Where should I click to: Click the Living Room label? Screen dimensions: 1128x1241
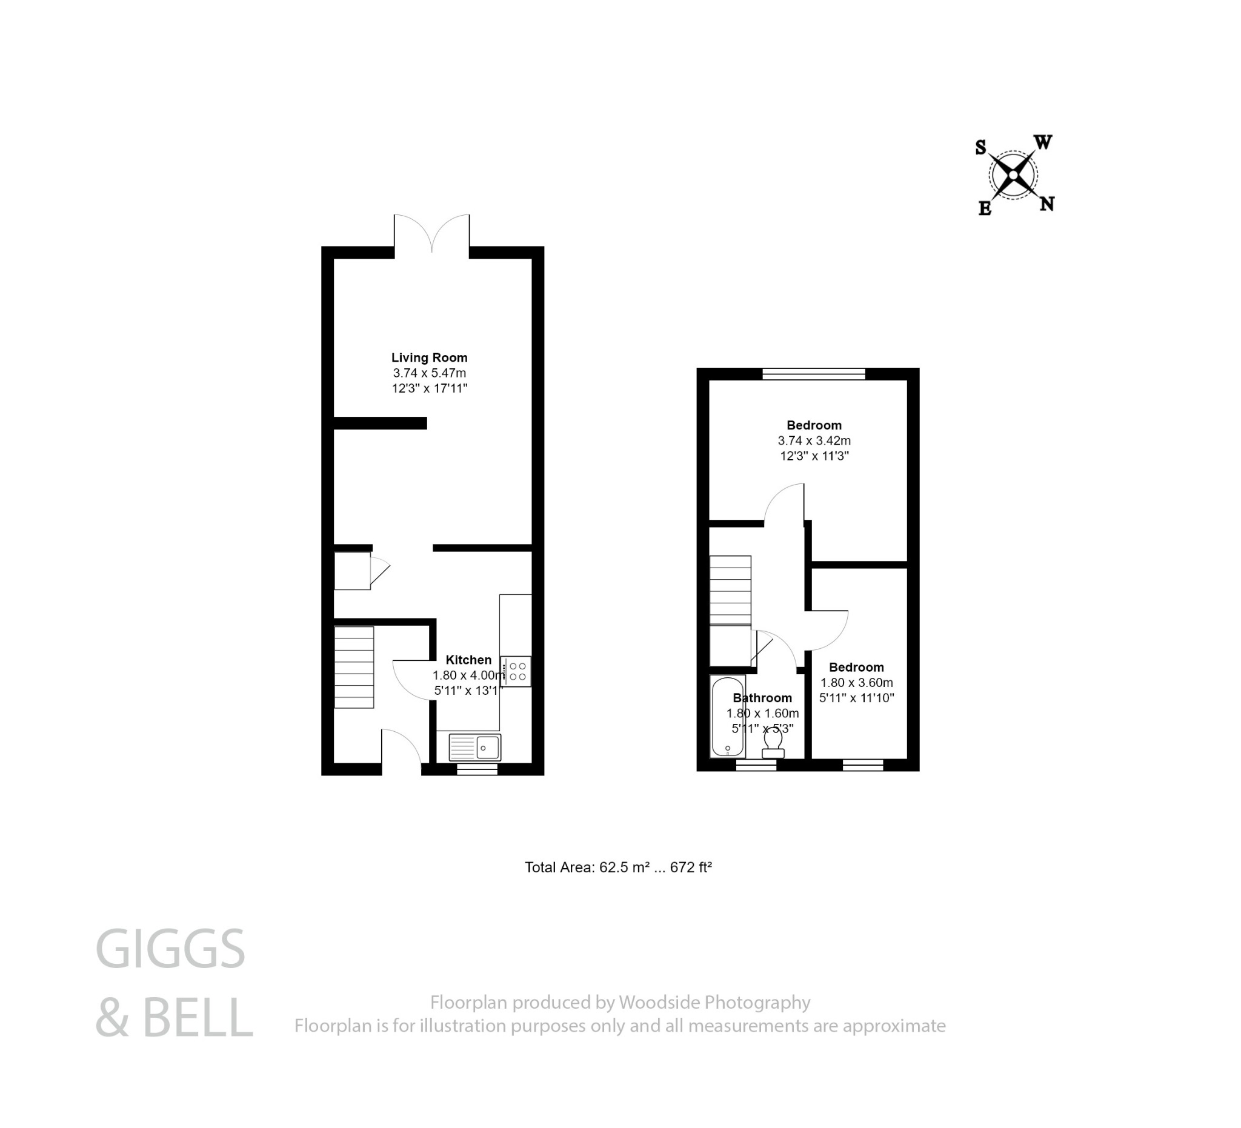429,357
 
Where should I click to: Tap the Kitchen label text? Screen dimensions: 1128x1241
468,660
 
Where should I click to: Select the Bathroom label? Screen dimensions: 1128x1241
762,698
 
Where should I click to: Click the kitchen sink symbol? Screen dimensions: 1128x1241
474,748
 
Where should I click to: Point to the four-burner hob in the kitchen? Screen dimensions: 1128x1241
516,671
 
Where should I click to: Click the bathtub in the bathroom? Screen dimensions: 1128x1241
728,716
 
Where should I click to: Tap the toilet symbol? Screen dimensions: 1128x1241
773,745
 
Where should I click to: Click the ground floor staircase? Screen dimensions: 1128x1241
354,667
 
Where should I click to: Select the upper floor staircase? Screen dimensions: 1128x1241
730,590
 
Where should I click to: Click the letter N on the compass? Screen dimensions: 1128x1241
1046,204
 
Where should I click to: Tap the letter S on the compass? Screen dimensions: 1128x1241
980,148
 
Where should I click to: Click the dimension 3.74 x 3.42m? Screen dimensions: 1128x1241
814,440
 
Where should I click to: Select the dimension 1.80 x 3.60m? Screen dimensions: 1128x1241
856,683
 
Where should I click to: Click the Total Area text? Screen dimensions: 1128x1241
618,868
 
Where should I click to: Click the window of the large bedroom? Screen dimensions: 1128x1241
814,373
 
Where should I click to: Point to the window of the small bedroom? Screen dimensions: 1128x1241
862,765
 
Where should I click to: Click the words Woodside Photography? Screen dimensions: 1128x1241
714,1003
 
